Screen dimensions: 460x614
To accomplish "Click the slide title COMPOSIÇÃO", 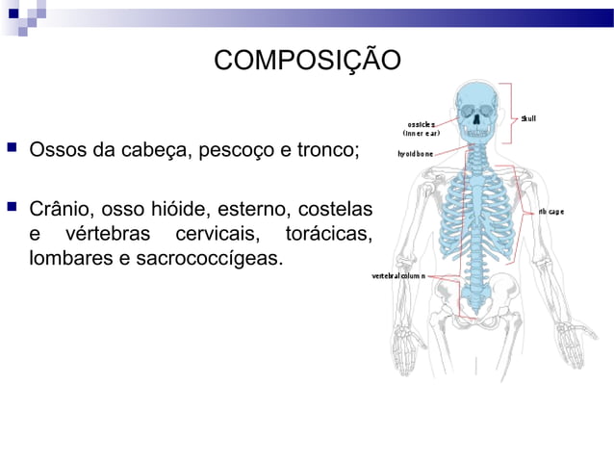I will (x=307, y=60).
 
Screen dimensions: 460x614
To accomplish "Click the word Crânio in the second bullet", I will (x=60, y=208).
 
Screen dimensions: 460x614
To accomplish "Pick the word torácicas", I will (x=328, y=234).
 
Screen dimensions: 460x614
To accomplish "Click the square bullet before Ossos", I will (x=12, y=149).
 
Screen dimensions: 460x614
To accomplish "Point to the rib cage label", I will (x=550, y=211).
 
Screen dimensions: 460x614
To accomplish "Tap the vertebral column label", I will (x=399, y=275).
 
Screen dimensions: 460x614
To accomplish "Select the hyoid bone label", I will (x=416, y=153).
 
